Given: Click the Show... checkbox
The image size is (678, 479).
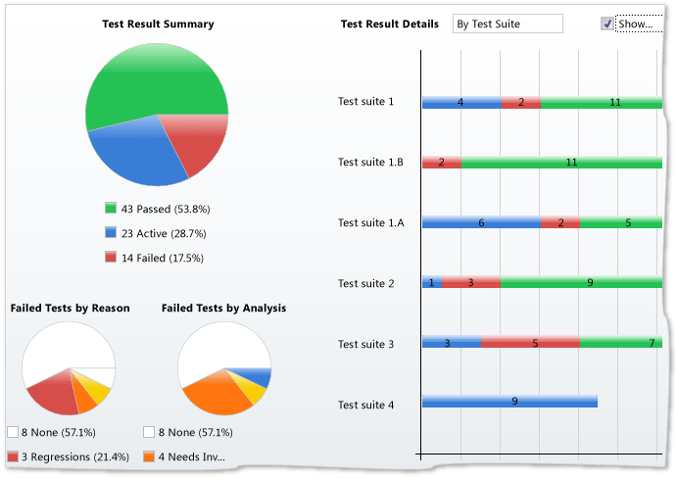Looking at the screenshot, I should click(x=607, y=24).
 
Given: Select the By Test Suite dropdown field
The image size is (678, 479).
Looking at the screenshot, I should click(x=508, y=24).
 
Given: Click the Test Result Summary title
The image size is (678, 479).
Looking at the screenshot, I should click(x=158, y=24).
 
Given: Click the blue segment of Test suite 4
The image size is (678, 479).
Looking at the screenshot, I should click(x=509, y=401).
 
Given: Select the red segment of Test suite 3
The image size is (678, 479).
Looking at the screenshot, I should click(x=530, y=343).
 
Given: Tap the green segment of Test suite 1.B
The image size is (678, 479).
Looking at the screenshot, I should click(x=561, y=163).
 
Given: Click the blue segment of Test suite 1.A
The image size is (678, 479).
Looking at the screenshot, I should click(x=481, y=222).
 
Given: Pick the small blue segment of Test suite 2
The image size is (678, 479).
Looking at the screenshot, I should click(x=432, y=283).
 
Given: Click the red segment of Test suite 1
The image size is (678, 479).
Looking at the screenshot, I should click(x=520, y=102).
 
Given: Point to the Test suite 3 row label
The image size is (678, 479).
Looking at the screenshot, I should click(x=365, y=344).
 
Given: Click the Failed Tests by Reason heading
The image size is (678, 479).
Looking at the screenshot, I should click(x=70, y=308).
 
